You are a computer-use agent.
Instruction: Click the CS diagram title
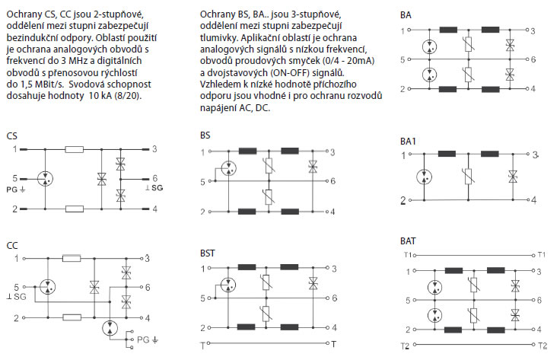coord(11,136)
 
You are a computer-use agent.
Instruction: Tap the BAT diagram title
coord(408,241)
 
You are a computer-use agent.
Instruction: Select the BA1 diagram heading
coord(408,142)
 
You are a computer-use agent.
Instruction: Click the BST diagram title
coord(208,253)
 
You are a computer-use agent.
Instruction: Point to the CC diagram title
coord(12,246)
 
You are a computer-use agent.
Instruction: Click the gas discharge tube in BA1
coord(424,177)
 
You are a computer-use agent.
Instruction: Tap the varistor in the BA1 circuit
coord(468,177)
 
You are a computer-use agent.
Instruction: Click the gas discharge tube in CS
coord(45,179)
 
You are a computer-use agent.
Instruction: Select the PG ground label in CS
coord(16,190)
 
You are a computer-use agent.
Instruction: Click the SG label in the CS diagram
coord(154,188)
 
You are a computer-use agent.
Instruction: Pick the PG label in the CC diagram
coord(148,339)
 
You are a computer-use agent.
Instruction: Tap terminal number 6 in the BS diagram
coord(332,181)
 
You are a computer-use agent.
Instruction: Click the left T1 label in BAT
coord(408,255)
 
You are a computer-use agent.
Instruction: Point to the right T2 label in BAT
coord(542,346)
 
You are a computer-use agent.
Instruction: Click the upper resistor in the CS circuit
coord(75,149)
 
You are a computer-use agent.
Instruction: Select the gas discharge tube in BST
coord(228,285)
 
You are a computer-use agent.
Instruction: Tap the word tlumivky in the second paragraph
coord(218,37)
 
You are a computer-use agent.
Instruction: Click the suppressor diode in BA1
coord(513,176)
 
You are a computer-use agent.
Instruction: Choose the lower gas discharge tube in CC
coord(110,328)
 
